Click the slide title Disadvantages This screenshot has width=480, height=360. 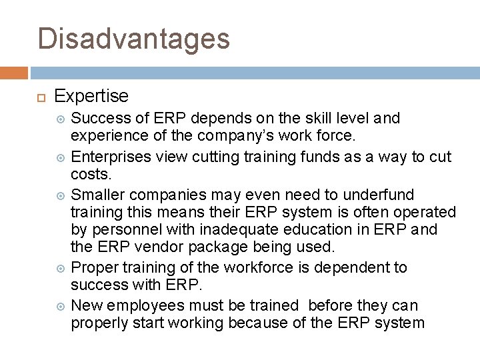tap(133, 38)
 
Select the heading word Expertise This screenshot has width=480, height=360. tap(91, 96)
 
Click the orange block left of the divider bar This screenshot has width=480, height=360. tap(13, 73)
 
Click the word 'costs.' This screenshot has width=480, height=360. tap(90, 175)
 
